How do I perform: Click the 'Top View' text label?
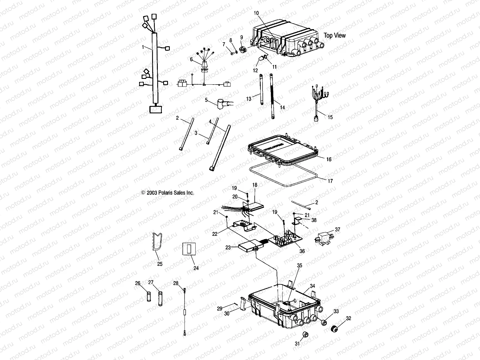click(334, 35)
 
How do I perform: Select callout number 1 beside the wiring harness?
click(143, 47)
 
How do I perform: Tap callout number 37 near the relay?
click(337, 229)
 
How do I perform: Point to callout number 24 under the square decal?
click(196, 268)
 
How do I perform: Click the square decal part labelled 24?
click(189, 249)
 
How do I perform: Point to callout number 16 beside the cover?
click(329, 159)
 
